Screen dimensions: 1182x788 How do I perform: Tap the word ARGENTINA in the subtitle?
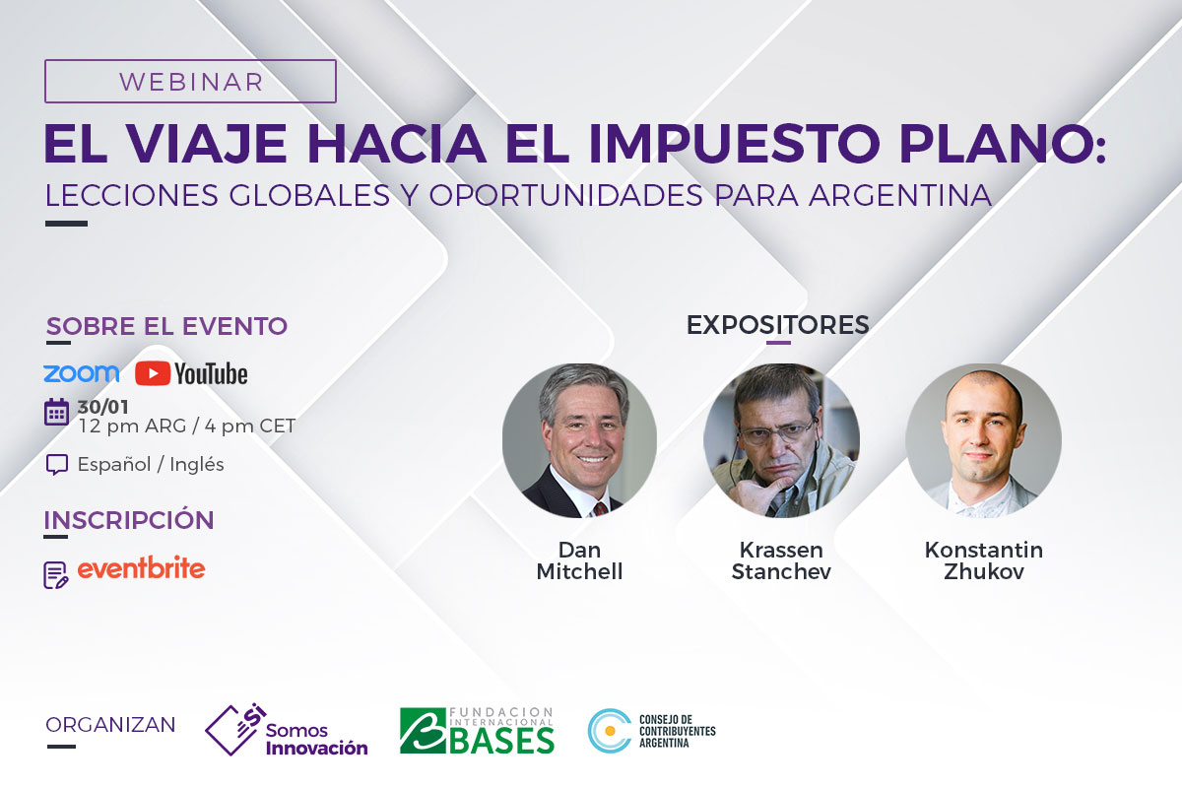click(x=900, y=195)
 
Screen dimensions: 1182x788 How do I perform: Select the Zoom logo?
click(x=81, y=373)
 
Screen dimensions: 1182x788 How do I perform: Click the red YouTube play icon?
click(x=153, y=373)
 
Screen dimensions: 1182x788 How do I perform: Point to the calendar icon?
click(x=56, y=412)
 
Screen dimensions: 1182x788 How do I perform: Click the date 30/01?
click(x=102, y=407)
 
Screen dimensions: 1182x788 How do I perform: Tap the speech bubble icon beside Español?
click(x=57, y=465)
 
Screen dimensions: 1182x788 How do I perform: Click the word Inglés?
click(x=197, y=465)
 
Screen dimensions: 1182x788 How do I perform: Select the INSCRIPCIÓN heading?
click(x=129, y=520)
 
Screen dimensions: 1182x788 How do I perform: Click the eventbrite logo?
click(x=142, y=568)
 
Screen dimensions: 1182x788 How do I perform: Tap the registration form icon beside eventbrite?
click(x=55, y=575)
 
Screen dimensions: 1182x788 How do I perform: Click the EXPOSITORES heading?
click(x=778, y=325)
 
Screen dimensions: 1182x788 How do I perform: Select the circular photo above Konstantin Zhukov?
click(x=984, y=440)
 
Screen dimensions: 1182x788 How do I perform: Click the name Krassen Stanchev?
click(x=781, y=560)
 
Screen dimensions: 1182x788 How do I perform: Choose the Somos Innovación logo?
click(x=287, y=731)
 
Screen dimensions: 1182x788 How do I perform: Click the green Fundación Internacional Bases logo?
click(x=477, y=731)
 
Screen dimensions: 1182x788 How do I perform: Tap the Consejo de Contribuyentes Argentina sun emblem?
click(x=610, y=731)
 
